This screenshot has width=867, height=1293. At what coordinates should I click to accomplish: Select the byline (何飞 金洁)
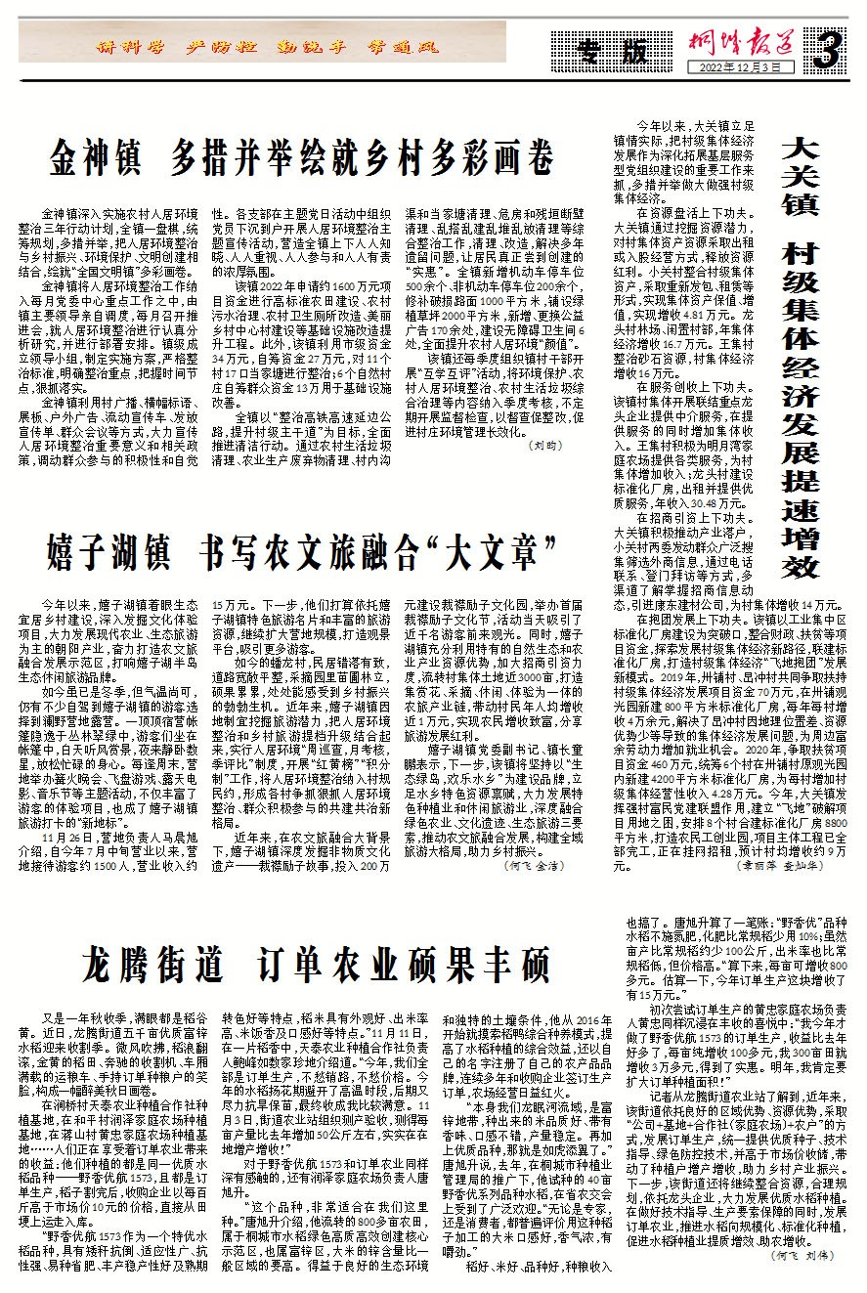pyautogui.click(x=534, y=838)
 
